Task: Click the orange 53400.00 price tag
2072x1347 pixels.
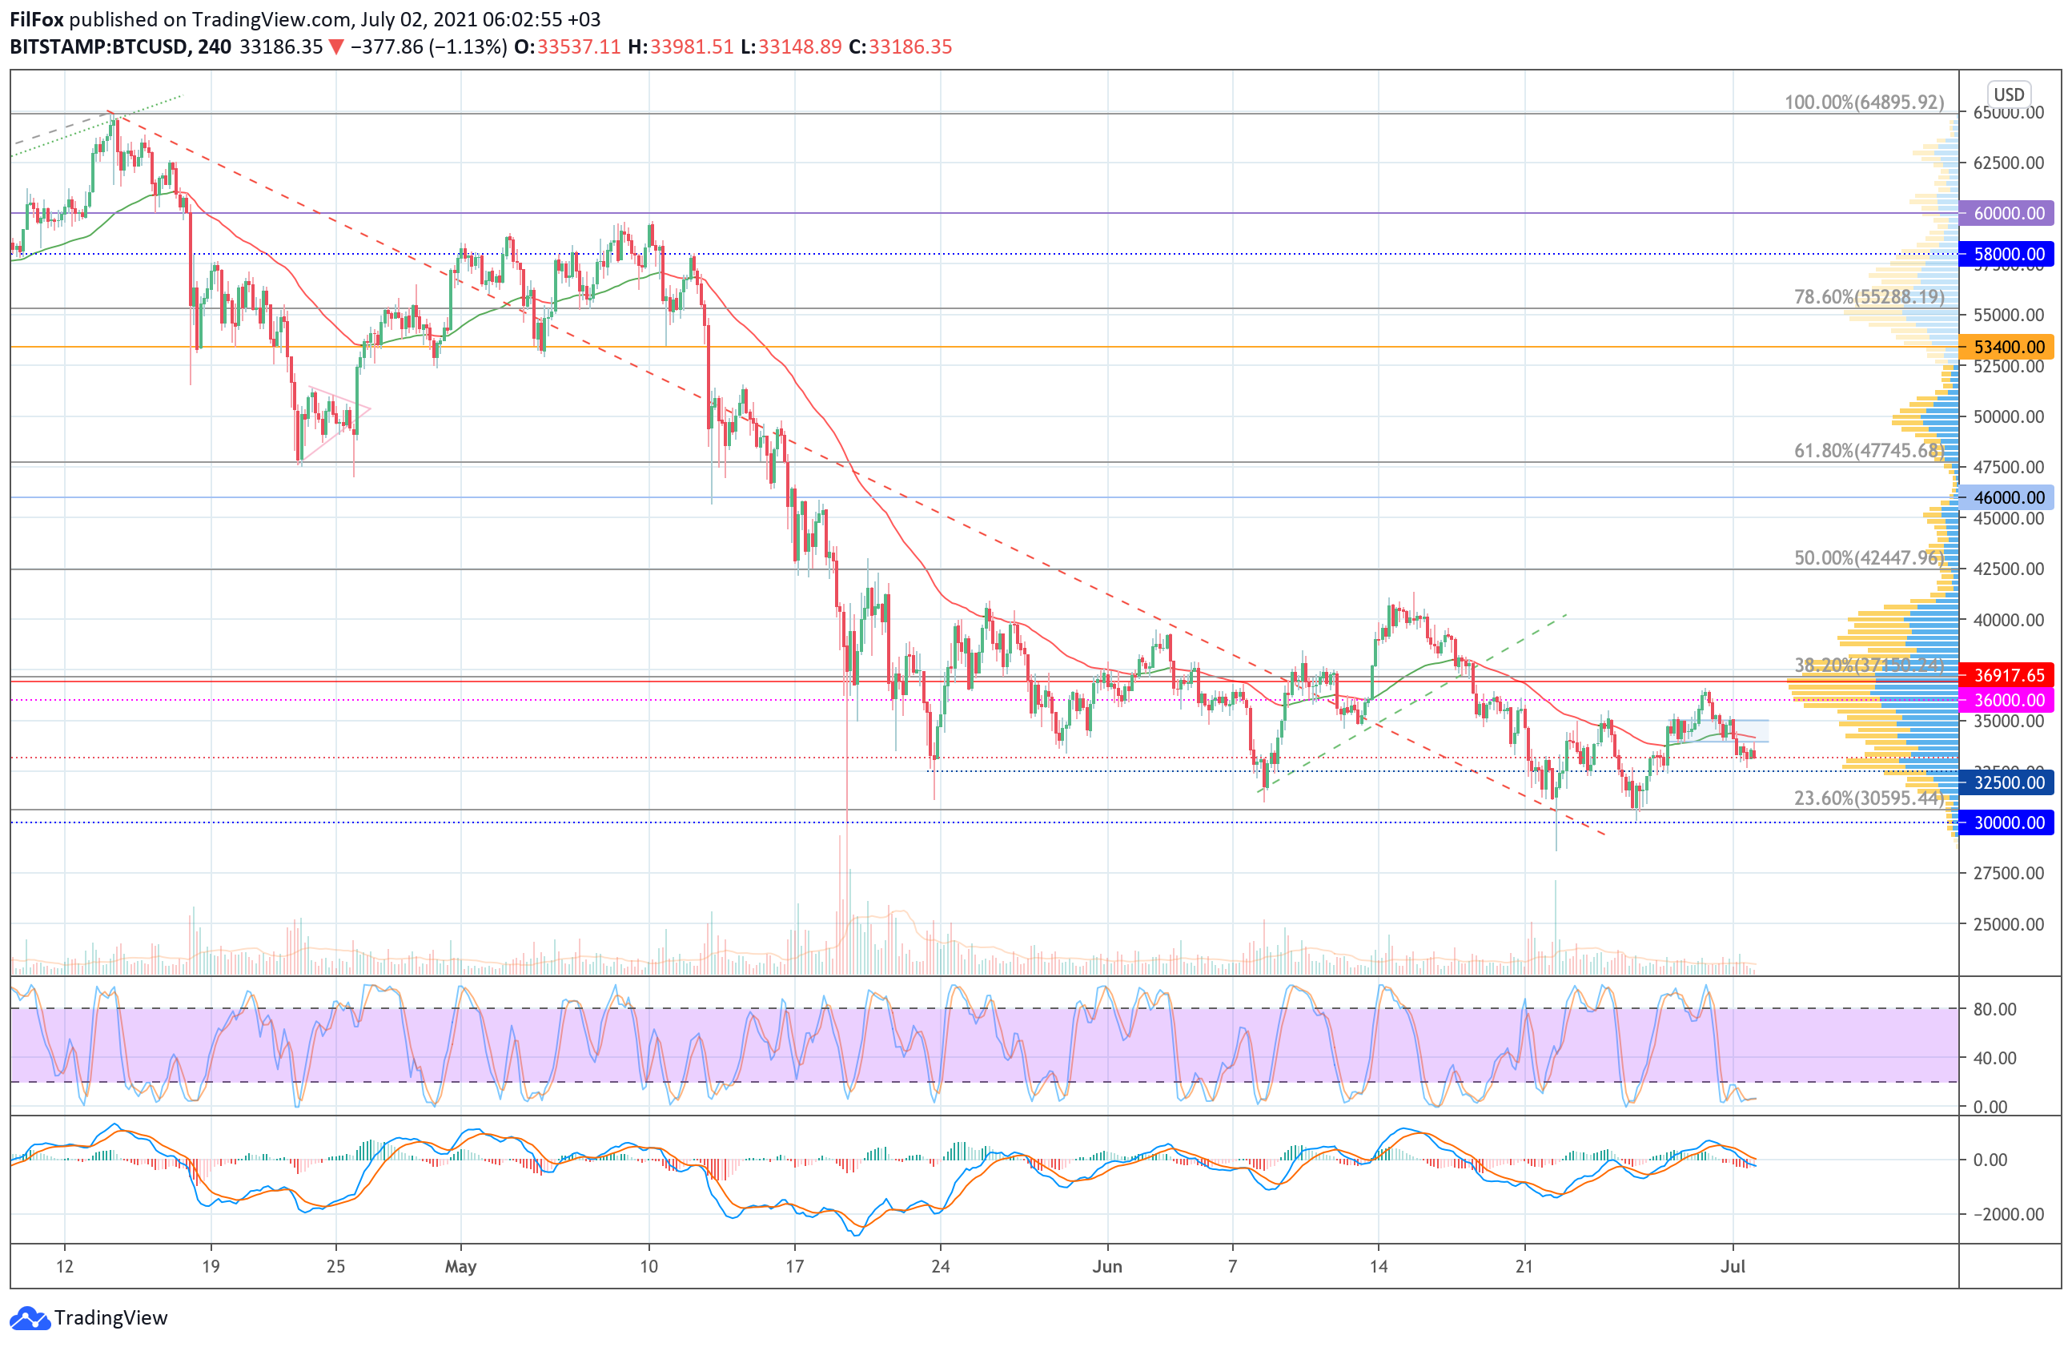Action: (x=2006, y=347)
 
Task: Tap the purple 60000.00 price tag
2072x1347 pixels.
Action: (x=2006, y=212)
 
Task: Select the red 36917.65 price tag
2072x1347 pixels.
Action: (x=2006, y=675)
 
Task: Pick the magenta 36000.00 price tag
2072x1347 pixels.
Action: (x=2006, y=700)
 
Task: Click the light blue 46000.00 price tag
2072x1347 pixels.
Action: (x=2006, y=497)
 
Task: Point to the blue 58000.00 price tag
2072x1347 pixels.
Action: (x=2006, y=254)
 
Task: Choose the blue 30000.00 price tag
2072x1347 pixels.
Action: (x=2006, y=822)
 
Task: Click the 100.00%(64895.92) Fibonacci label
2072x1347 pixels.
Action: (x=1864, y=102)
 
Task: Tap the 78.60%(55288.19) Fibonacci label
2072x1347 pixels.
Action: (x=1869, y=297)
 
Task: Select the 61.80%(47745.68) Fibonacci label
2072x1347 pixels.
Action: (x=1869, y=450)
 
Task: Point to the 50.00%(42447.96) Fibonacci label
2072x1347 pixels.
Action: (x=1869, y=557)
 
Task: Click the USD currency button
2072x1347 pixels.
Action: (x=2010, y=94)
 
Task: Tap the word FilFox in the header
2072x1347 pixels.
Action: (x=37, y=19)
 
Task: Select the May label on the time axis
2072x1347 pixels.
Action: (x=460, y=1266)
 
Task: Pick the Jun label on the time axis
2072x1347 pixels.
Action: (x=1107, y=1266)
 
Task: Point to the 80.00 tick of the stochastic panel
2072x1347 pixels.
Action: (x=1994, y=1009)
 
